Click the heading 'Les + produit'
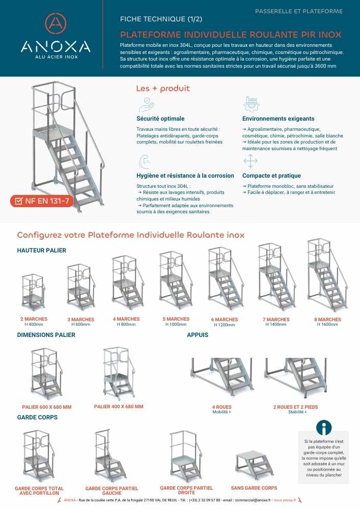[162, 89]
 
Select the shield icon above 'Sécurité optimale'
[146, 104]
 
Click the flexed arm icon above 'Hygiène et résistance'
[145, 162]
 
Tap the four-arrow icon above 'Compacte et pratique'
[251, 162]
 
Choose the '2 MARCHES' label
[34, 319]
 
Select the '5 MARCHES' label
[176, 319]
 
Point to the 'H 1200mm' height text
[225, 325]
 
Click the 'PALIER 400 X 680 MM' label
[119, 407]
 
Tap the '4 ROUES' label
[221, 407]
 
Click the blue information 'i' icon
[324, 428]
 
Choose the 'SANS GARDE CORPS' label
[254, 488]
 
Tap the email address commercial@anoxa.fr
[247, 500]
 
